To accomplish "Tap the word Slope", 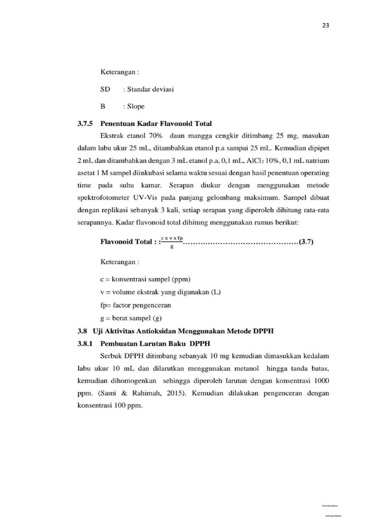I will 133,107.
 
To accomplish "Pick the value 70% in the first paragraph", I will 153,137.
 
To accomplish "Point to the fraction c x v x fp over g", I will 172,242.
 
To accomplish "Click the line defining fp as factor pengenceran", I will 136,305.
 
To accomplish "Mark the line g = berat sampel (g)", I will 133,319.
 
